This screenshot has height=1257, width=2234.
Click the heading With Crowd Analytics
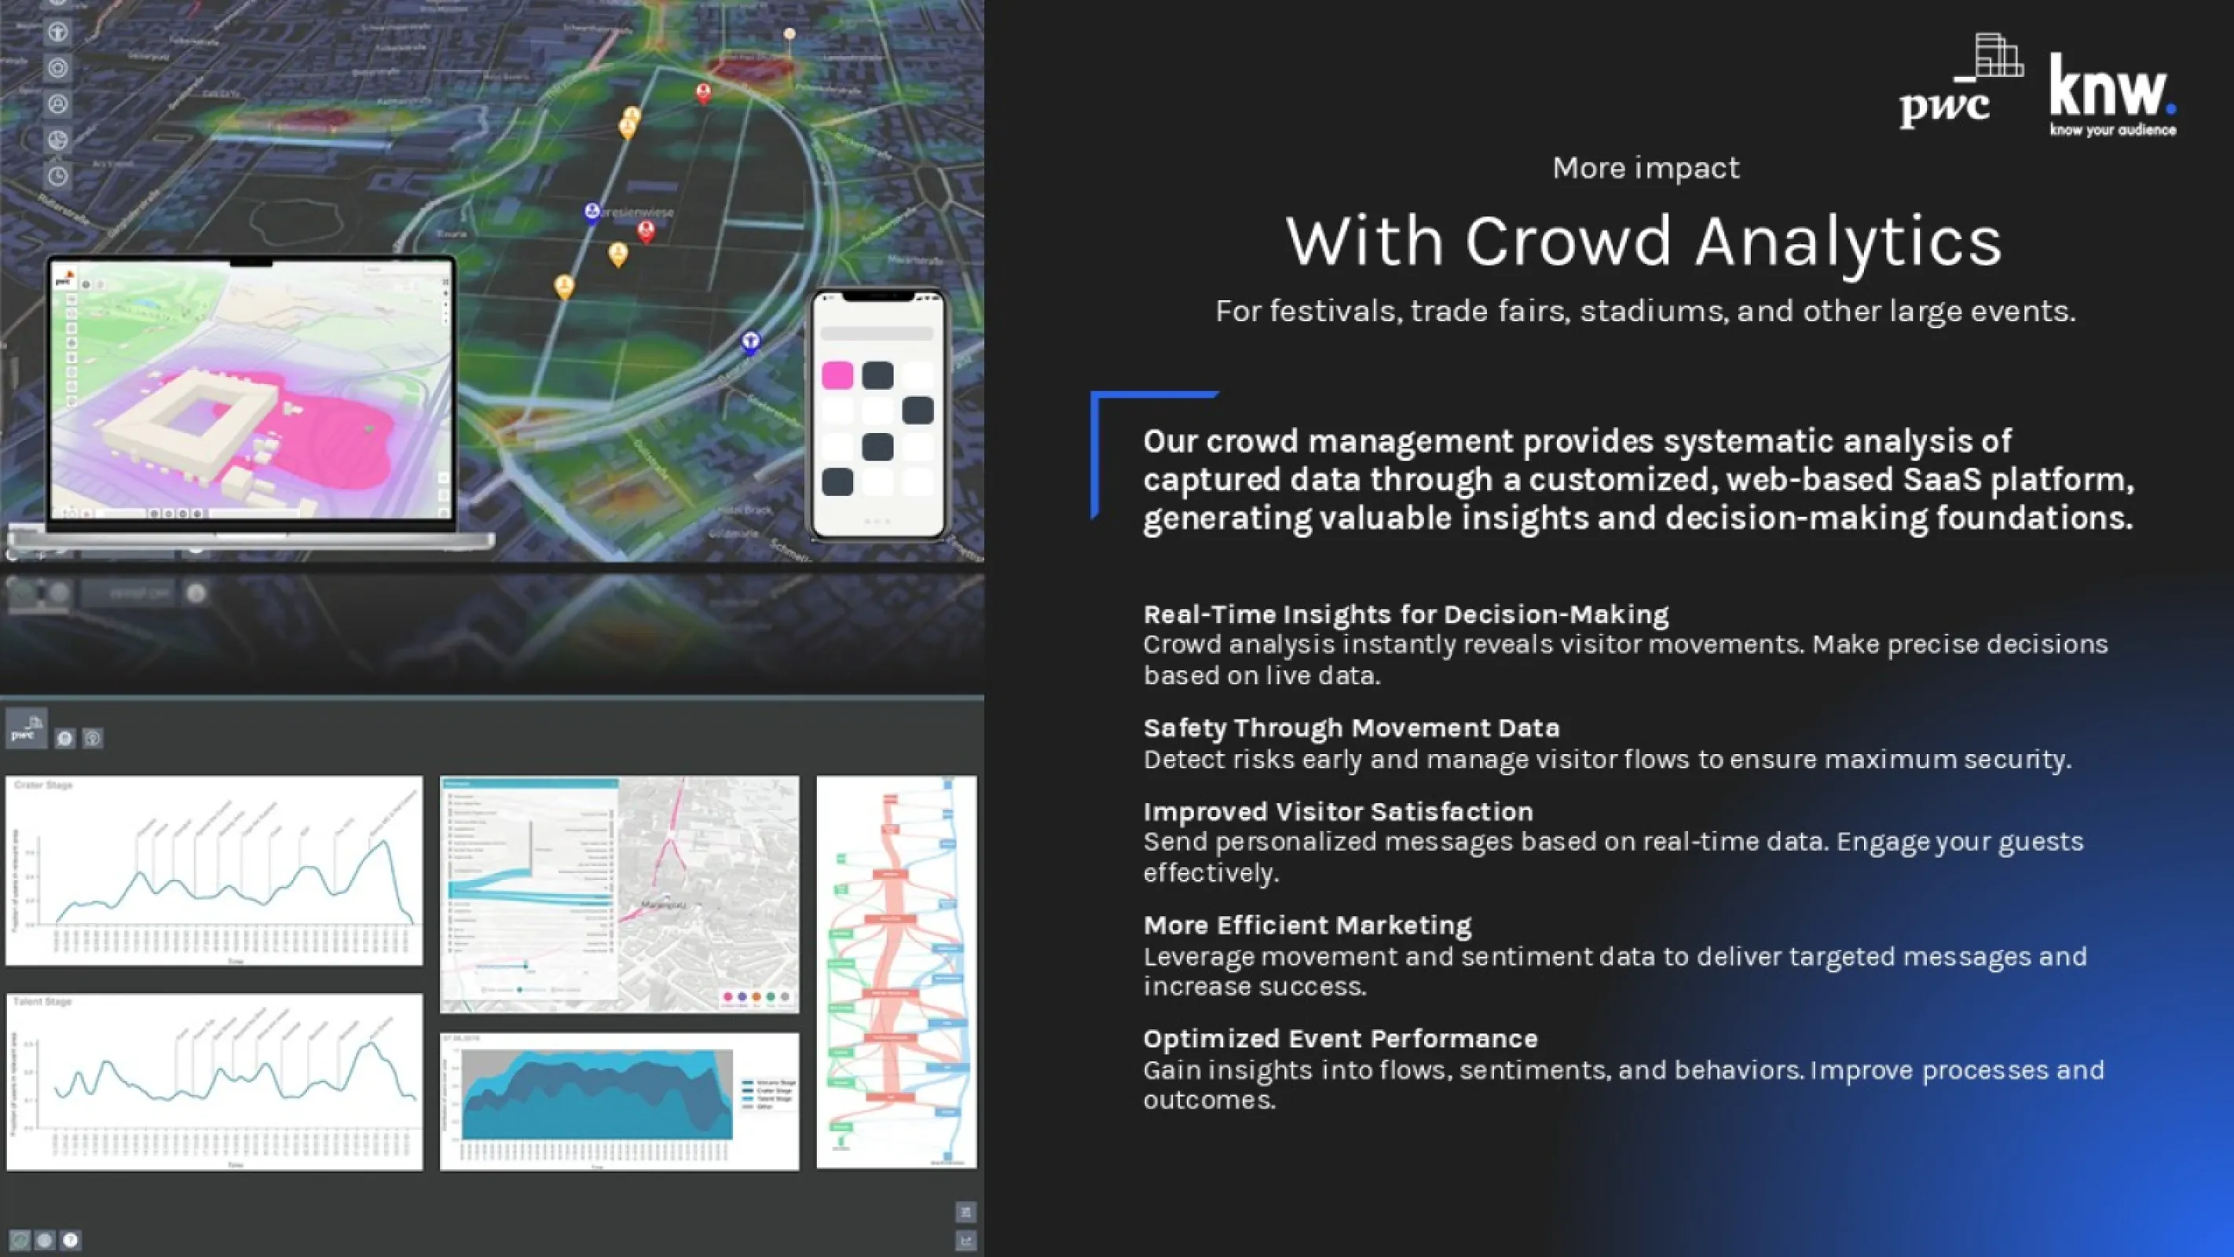coord(1644,241)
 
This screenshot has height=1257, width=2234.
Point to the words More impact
coord(1645,167)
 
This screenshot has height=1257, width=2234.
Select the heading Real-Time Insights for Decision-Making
coord(1405,614)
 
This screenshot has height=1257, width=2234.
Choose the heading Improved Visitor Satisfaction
coord(1337,811)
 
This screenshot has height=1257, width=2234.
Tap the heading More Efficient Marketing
coord(1307,925)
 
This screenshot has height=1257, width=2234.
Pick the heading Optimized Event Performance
coord(1340,1039)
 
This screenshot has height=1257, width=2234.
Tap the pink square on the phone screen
coord(837,376)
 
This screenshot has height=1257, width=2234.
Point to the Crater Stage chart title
coord(43,785)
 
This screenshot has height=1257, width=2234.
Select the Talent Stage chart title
coord(42,1002)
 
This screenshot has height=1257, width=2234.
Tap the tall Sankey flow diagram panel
coord(895,972)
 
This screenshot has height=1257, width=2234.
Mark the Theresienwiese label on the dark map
coord(637,211)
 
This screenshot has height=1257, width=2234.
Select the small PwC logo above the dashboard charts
coord(26,729)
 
